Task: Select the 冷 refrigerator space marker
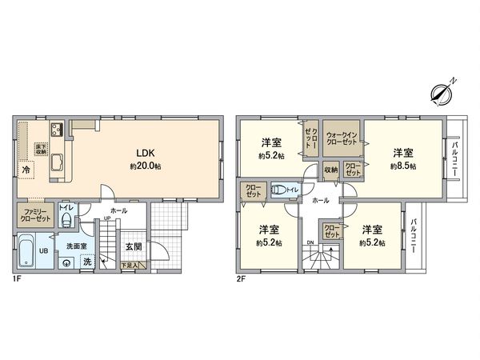coord(27,170)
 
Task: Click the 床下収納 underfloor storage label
coord(40,150)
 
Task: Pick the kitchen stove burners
coord(58,131)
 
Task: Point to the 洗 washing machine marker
coord(87,262)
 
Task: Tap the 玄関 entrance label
coord(133,247)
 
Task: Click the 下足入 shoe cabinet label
coord(130,266)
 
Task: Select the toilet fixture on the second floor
coord(281,190)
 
